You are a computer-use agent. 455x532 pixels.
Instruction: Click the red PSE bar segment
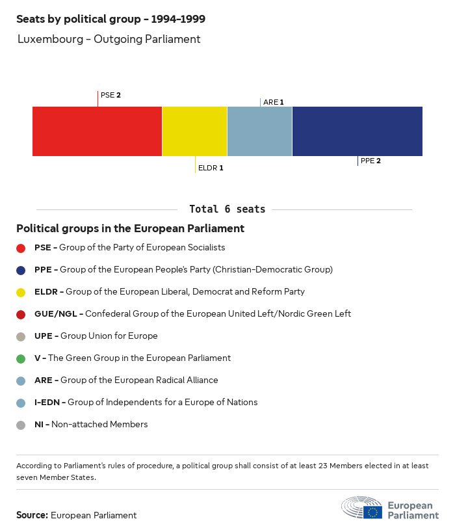click(97, 131)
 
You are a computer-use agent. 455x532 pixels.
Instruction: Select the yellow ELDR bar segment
click(194, 131)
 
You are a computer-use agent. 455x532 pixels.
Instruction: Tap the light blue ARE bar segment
click(259, 131)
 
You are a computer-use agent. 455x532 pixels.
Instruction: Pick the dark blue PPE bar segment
click(357, 131)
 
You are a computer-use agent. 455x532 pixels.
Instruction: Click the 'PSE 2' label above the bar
click(110, 95)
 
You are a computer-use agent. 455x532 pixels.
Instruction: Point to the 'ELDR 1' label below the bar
click(211, 168)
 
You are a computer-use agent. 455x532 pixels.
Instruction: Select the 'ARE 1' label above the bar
click(273, 102)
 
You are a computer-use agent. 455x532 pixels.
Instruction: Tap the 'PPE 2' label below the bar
click(370, 161)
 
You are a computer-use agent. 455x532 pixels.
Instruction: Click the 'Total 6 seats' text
click(227, 209)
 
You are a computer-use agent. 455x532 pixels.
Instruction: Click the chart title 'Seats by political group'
click(110, 20)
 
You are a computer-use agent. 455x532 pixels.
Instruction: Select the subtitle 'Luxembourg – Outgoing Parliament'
click(109, 39)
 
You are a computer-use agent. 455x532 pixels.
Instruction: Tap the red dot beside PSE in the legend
click(21, 248)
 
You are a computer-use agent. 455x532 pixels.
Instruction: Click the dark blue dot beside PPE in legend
click(21, 270)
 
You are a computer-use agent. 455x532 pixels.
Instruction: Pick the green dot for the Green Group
click(21, 358)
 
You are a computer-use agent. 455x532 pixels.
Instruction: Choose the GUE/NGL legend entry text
click(192, 313)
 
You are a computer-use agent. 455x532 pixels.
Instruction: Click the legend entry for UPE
click(96, 336)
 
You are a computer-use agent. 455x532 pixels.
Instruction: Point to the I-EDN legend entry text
click(146, 402)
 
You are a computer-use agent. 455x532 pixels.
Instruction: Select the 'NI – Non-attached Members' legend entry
click(91, 425)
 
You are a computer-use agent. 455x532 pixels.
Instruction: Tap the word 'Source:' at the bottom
click(32, 515)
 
